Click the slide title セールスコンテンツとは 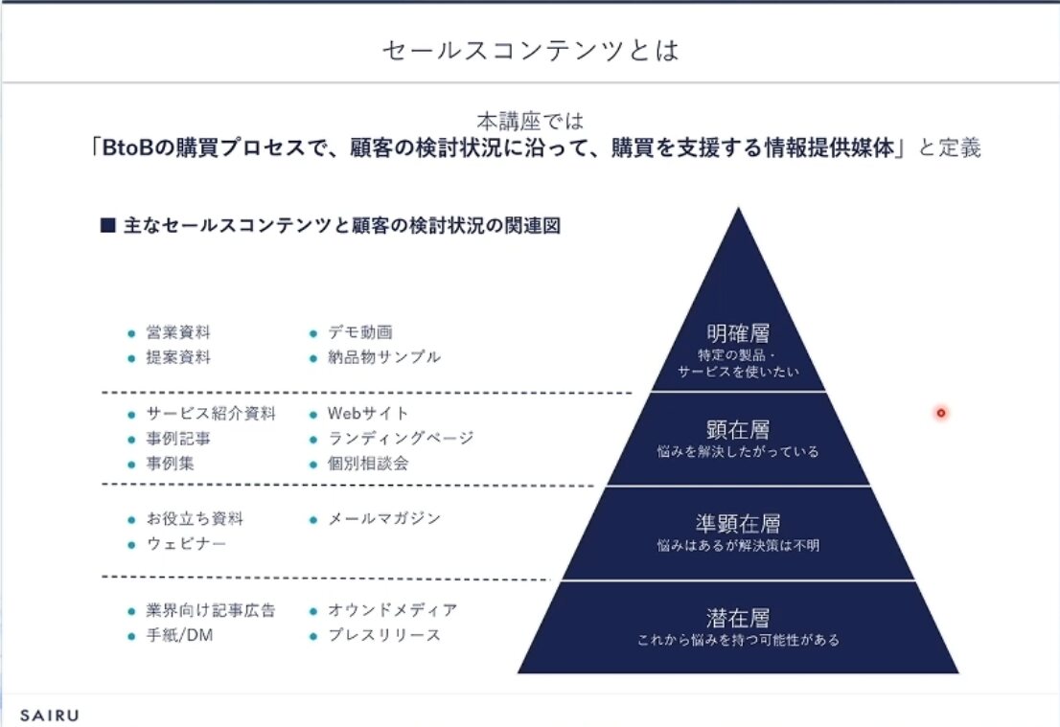click(x=530, y=50)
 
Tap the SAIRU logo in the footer click(x=50, y=714)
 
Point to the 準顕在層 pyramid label click(x=738, y=523)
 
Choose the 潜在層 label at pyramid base click(x=738, y=618)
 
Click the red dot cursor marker click(x=941, y=413)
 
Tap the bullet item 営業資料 click(x=178, y=333)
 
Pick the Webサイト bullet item click(x=368, y=414)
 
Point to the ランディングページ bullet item click(x=401, y=439)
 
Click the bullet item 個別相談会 click(x=368, y=464)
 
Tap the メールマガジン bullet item click(x=384, y=518)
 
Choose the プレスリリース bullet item click(x=384, y=635)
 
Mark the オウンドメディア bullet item click(x=392, y=610)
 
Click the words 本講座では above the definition click(x=530, y=122)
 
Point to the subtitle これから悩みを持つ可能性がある click(x=738, y=640)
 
